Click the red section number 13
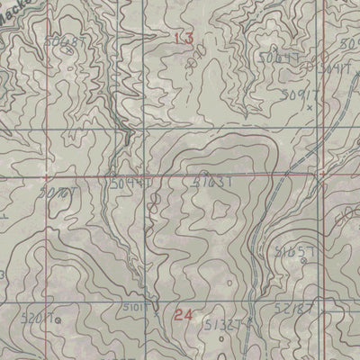pyautogui.click(x=184, y=38)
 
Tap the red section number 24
pyautogui.click(x=184, y=315)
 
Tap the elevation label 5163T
pyautogui.click(x=213, y=182)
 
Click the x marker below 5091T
pyautogui.click(x=309, y=106)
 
